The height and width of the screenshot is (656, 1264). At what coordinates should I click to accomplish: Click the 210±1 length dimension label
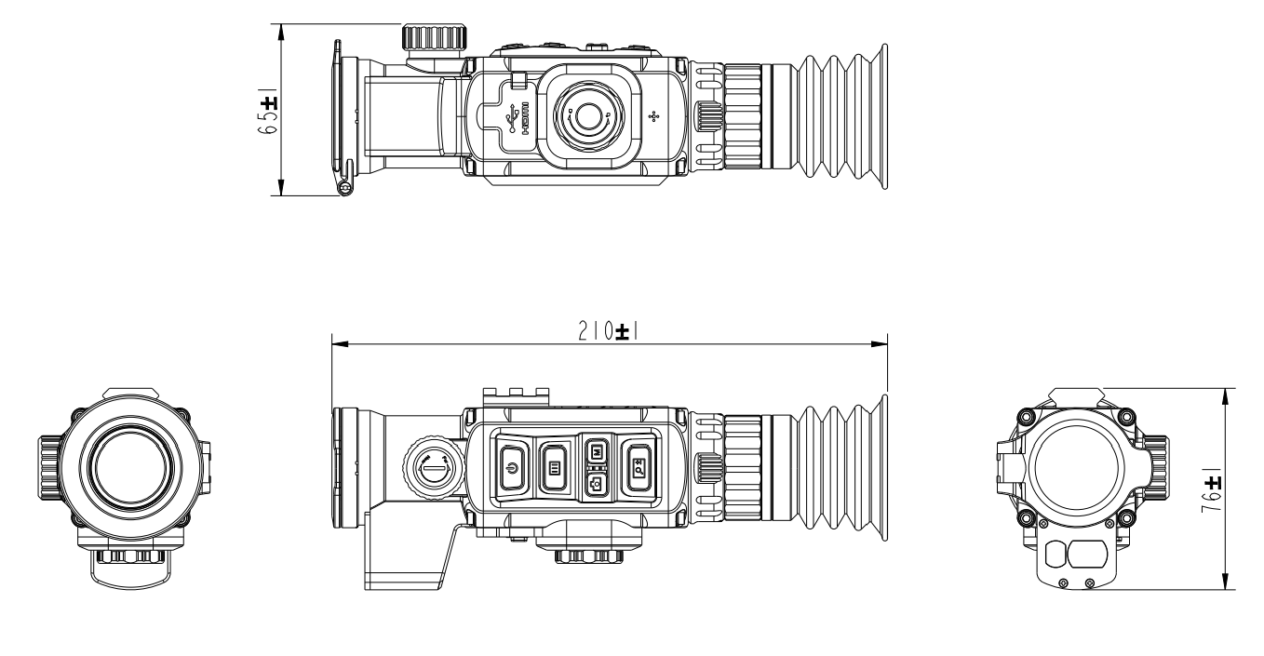tap(611, 331)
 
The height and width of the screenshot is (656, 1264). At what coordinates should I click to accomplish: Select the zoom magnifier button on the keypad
tap(639, 467)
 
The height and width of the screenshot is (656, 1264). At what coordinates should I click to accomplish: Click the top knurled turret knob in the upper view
tap(435, 39)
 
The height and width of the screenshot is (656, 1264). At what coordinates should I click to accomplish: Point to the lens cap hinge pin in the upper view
tap(344, 188)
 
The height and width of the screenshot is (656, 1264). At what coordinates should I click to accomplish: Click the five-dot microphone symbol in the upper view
tap(653, 116)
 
